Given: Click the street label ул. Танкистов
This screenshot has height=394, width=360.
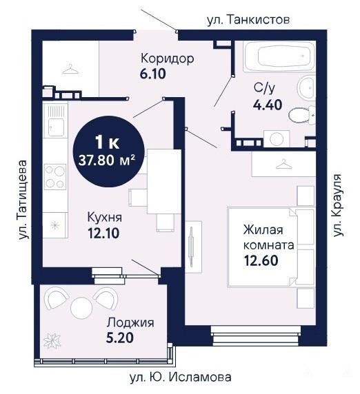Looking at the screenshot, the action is pyautogui.click(x=248, y=20).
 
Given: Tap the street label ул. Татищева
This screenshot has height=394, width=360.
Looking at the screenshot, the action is pyautogui.click(x=23, y=200).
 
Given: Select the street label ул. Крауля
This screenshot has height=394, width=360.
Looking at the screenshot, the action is pyautogui.click(x=338, y=205).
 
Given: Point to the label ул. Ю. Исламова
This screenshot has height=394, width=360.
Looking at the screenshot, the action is pyautogui.click(x=181, y=377).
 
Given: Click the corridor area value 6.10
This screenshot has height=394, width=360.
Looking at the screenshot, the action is pyautogui.click(x=152, y=74).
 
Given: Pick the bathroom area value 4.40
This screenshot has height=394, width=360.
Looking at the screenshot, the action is pyautogui.click(x=267, y=105).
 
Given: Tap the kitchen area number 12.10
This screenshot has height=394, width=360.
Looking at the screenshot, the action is pyautogui.click(x=103, y=234).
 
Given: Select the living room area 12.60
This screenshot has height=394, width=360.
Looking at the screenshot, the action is pyautogui.click(x=261, y=260).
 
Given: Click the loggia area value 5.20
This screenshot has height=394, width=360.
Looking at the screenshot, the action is pyautogui.click(x=120, y=338).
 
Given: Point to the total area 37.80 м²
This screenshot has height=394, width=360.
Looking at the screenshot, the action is pyautogui.click(x=107, y=160).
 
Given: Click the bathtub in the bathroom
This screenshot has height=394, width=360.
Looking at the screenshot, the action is pyautogui.click(x=279, y=56).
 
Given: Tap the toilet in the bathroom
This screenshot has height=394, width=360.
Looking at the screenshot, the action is pyautogui.click(x=302, y=115).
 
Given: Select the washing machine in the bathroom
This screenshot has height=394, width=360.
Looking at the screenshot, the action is pyautogui.click(x=277, y=138).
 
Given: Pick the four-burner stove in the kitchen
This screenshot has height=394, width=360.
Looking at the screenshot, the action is pyautogui.click(x=55, y=177).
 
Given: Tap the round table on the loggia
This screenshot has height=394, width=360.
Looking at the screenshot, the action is pyautogui.click(x=81, y=308).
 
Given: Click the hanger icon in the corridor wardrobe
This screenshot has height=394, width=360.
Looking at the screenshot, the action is pyautogui.click(x=70, y=69).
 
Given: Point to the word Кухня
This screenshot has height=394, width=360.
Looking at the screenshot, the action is pyautogui.click(x=105, y=218).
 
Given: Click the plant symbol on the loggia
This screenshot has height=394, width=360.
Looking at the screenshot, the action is pyautogui.click(x=52, y=340).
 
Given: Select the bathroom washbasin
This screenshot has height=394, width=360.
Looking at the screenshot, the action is pyautogui.click(x=307, y=87).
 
